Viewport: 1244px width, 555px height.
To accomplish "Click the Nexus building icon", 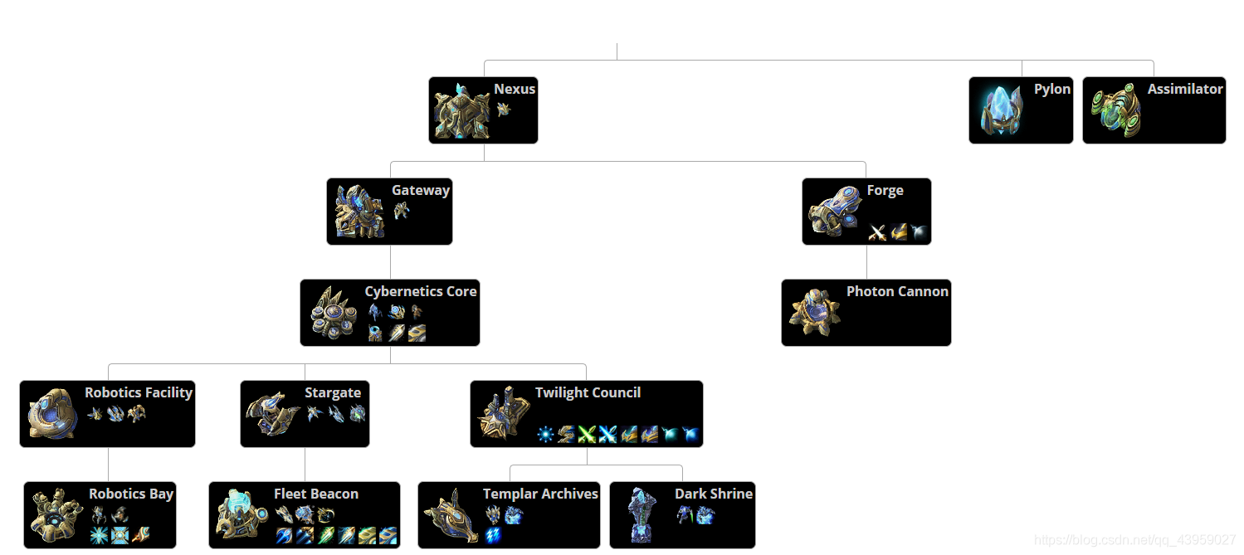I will click(x=461, y=111).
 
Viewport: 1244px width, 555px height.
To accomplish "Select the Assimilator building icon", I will click(x=1115, y=111).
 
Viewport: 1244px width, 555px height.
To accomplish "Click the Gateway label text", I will click(x=421, y=190).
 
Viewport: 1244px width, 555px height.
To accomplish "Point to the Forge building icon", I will click(x=834, y=212).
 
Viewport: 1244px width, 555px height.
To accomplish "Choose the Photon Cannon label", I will click(x=897, y=291).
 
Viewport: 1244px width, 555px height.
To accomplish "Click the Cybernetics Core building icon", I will click(x=333, y=314).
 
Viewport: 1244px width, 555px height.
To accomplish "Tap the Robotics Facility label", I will click(x=139, y=392).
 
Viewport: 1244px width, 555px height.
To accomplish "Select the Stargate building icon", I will click(x=272, y=414).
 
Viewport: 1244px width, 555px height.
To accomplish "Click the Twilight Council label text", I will click(x=588, y=392).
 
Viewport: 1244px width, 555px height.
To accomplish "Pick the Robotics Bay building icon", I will click(x=56, y=515).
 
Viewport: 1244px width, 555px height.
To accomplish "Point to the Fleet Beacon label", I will click(x=316, y=494).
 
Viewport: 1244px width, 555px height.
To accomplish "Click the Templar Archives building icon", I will click(x=451, y=515).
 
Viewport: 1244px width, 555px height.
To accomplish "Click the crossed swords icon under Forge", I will click(x=877, y=232).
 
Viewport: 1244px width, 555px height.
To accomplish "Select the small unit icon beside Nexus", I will click(x=503, y=109).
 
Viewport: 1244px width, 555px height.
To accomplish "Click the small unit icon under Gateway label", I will click(x=402, y=211).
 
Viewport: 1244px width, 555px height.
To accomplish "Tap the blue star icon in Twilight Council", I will click(x=545, y=434).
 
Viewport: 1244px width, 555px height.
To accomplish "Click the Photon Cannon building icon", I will click(x=813, y=314).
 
